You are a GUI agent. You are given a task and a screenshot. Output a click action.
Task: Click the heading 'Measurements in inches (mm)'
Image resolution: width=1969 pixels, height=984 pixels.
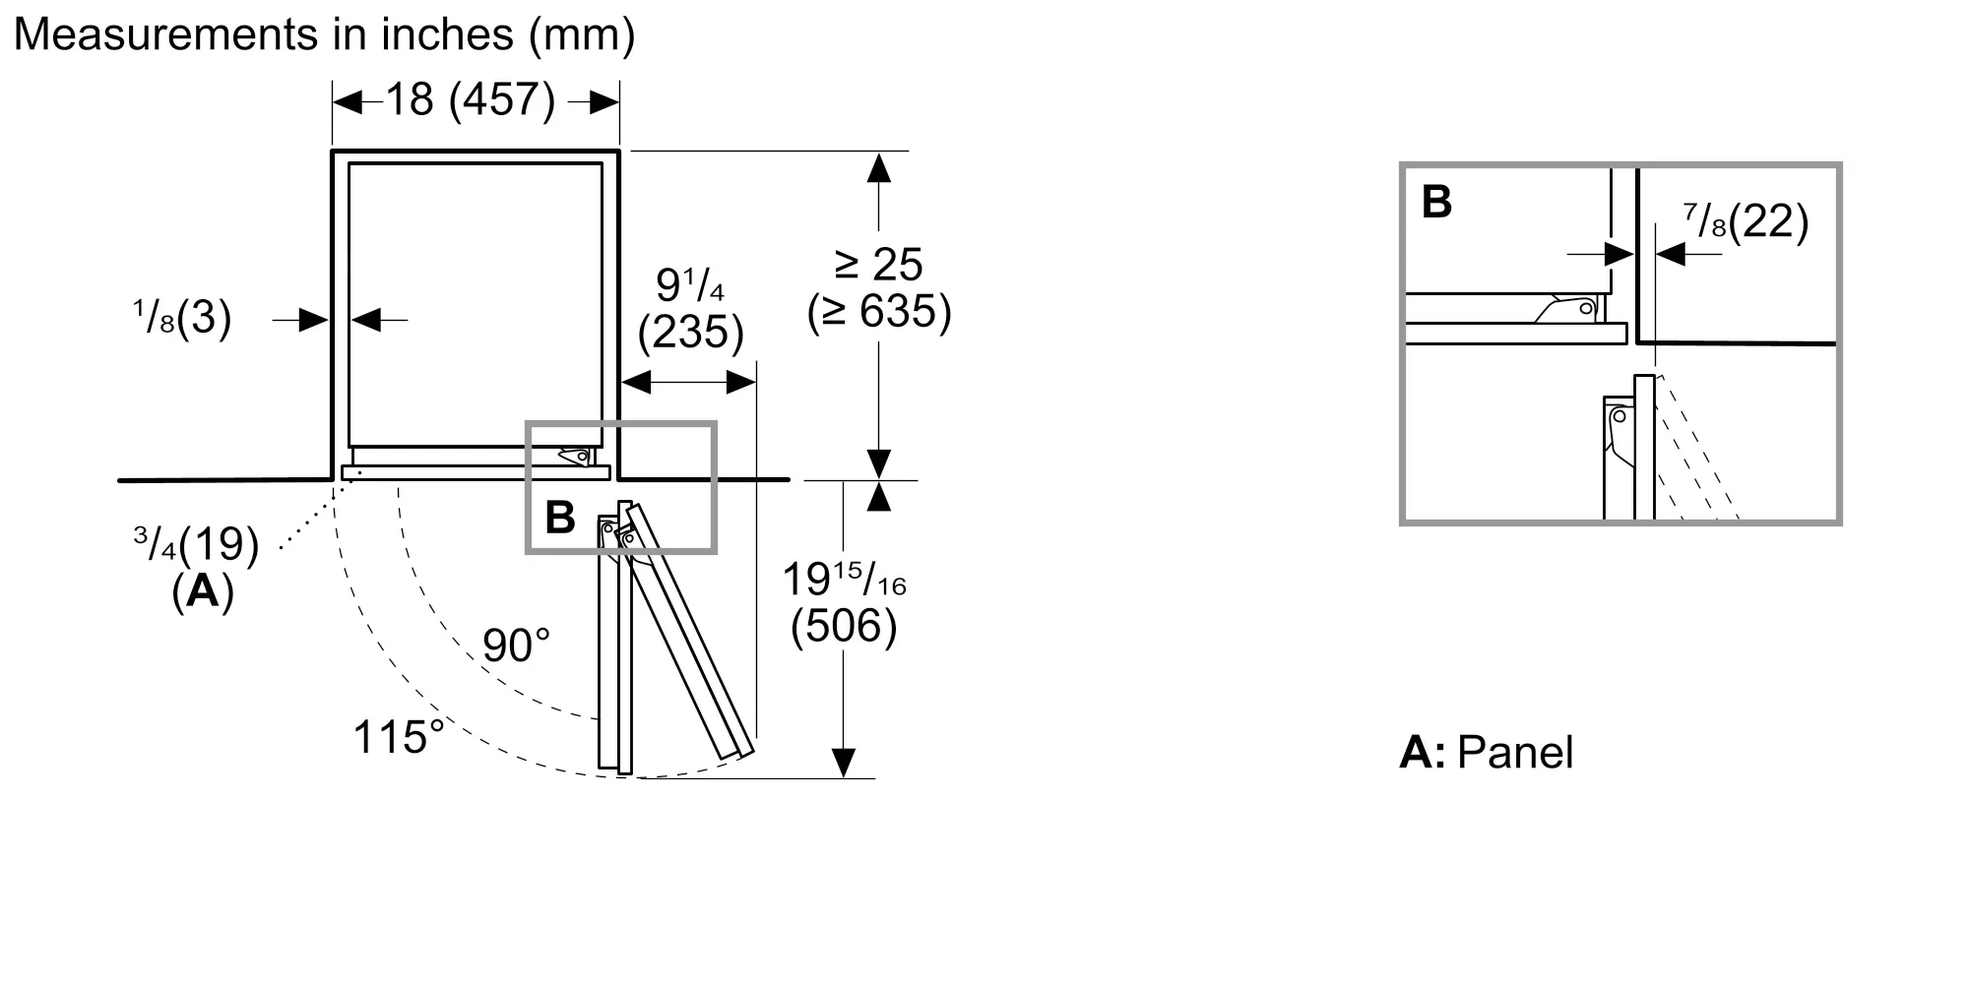tap(324, 34)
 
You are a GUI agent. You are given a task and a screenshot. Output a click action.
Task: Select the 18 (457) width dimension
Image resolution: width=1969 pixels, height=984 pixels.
tap(470, 99)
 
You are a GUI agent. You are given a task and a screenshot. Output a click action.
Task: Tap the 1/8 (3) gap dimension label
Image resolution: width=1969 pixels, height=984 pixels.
tap(182, 318)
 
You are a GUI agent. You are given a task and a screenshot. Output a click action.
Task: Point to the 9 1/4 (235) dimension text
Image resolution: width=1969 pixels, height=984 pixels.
tap(690, 309)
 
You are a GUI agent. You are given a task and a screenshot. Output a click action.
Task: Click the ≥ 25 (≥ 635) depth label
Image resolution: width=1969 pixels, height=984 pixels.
tap(879, 288)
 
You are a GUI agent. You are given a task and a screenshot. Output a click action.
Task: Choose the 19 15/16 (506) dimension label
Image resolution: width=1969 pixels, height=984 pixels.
tap(844, 603)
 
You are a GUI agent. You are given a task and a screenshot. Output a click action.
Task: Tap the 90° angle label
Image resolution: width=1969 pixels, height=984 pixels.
tap(516, 646)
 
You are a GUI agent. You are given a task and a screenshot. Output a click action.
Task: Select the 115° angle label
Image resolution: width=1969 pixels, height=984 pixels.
tap(399, 737)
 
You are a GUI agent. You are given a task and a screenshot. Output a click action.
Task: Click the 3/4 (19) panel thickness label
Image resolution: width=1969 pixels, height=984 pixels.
tap(197, 544)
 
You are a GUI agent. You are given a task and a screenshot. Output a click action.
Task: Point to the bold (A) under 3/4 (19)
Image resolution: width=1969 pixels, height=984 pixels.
tap(203, 591)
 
